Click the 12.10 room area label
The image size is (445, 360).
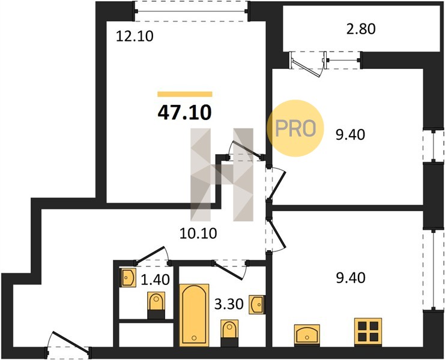pos(135,36)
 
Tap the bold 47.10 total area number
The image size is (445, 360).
pos(184,112)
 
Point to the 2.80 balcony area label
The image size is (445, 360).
pos(361,29)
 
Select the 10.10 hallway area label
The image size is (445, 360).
pos(198,233)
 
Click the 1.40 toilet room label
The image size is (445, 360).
pos(155,280)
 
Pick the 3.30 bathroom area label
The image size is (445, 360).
pos(229,304)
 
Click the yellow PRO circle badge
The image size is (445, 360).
pos(295,128)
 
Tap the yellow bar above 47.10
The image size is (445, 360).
pos(185,94)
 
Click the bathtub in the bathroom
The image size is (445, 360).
pos(194,315)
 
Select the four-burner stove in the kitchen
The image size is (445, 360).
pos(368,331)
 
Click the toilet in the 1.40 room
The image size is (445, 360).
pos(156,305)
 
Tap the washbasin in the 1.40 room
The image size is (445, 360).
pos(129,278)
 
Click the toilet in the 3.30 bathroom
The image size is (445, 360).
pos(229,333)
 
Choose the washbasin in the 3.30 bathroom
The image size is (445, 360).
pos(258,305)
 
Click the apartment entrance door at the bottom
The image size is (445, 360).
pos(68,344)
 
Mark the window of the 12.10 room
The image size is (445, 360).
pos(192,11)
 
